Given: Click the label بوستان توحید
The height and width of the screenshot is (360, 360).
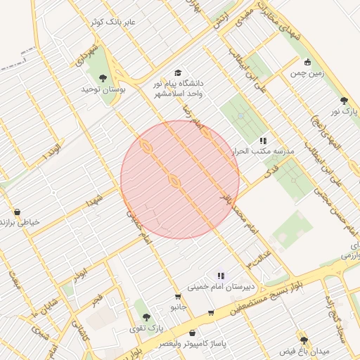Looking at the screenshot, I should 103,90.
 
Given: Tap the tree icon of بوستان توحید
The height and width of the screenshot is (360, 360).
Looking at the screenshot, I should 103,78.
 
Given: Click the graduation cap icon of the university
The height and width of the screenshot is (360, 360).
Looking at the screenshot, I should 178,73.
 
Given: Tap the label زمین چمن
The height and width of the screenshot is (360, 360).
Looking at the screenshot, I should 306,72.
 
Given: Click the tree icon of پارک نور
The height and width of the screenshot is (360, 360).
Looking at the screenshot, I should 344,101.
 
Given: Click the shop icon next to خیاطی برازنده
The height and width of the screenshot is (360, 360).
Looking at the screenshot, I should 17,211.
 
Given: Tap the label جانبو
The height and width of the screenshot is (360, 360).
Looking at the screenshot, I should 179,307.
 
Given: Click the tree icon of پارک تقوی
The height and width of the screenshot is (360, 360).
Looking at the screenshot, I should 147,316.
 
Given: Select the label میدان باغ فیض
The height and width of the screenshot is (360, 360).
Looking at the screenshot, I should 304,350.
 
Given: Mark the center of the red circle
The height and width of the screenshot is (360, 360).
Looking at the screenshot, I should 180,179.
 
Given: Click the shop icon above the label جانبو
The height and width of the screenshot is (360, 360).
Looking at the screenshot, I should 178,296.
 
